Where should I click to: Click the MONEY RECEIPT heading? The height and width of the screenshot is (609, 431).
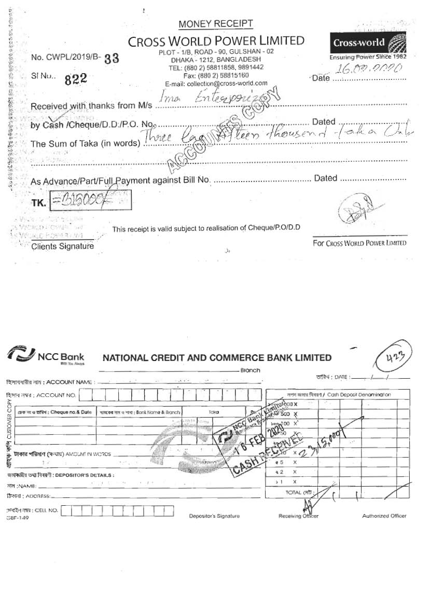coord(216,24)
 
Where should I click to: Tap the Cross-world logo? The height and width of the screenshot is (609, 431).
coord(368,43)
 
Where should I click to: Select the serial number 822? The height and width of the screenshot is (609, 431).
coord(76,79)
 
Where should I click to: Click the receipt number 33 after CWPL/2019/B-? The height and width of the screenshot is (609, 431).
coord(112,58)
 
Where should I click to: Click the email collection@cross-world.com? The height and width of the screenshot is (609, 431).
coord(216,83)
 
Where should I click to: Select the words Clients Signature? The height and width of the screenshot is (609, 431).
coord(63,246)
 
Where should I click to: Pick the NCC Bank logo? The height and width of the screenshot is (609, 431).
coord(46,356)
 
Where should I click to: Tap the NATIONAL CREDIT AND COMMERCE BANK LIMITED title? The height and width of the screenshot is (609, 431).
coord(217,357)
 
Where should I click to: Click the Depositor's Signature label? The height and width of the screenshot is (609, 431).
coord(214,516)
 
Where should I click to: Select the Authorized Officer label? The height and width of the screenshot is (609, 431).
coord(384,516)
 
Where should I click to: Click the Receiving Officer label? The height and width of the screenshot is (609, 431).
coord(298,516)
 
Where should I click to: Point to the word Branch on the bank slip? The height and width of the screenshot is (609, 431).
coord(250,370)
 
